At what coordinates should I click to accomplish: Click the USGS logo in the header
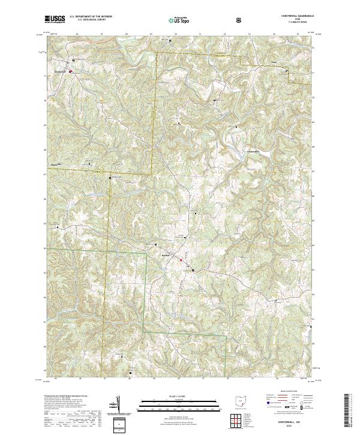coord(55,20)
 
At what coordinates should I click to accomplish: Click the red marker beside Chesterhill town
coord(70,71)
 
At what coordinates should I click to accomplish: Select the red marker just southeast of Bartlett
coord(181,260)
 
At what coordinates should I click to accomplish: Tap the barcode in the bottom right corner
coord(351,411)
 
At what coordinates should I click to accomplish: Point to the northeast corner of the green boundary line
coord(146,254)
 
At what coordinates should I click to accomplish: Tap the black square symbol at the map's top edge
coord(170,41)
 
